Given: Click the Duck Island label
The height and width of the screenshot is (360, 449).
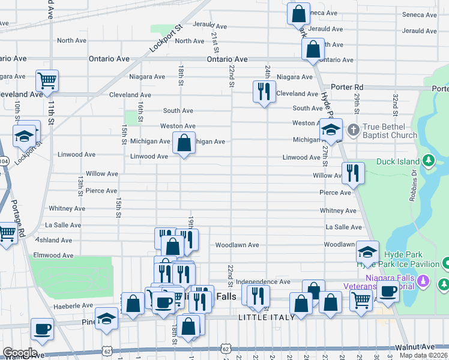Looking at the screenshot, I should click(399, 161).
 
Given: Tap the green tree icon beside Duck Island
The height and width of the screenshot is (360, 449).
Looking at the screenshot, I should click(428, 160).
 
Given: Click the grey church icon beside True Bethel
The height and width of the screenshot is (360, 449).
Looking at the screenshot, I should click(354, 129).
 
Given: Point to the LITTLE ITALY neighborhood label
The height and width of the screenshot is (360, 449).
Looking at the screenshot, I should click(267, 317).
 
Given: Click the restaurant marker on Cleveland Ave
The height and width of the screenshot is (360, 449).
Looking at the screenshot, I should click(263, 92).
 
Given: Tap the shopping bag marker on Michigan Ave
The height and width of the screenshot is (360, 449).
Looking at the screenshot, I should click(184, 143).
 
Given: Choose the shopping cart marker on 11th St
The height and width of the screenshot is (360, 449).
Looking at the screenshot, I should click(46, 80).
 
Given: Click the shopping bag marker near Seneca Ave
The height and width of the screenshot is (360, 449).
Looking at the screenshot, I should click(298, 13).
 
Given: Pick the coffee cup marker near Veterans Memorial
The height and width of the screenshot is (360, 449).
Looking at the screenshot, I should click(388, 292).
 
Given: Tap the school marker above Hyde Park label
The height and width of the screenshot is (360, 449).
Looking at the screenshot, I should click(367, 251).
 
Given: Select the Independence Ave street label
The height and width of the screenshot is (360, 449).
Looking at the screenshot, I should click(263, 281).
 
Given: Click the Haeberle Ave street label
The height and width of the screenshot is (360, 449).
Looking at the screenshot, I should click(73, 306).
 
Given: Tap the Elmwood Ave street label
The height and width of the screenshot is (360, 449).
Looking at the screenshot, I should click(54, 255).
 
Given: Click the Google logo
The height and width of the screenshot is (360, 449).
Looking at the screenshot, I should click(19, 353).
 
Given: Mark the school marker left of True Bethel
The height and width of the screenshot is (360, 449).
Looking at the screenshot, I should click(330, 129).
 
